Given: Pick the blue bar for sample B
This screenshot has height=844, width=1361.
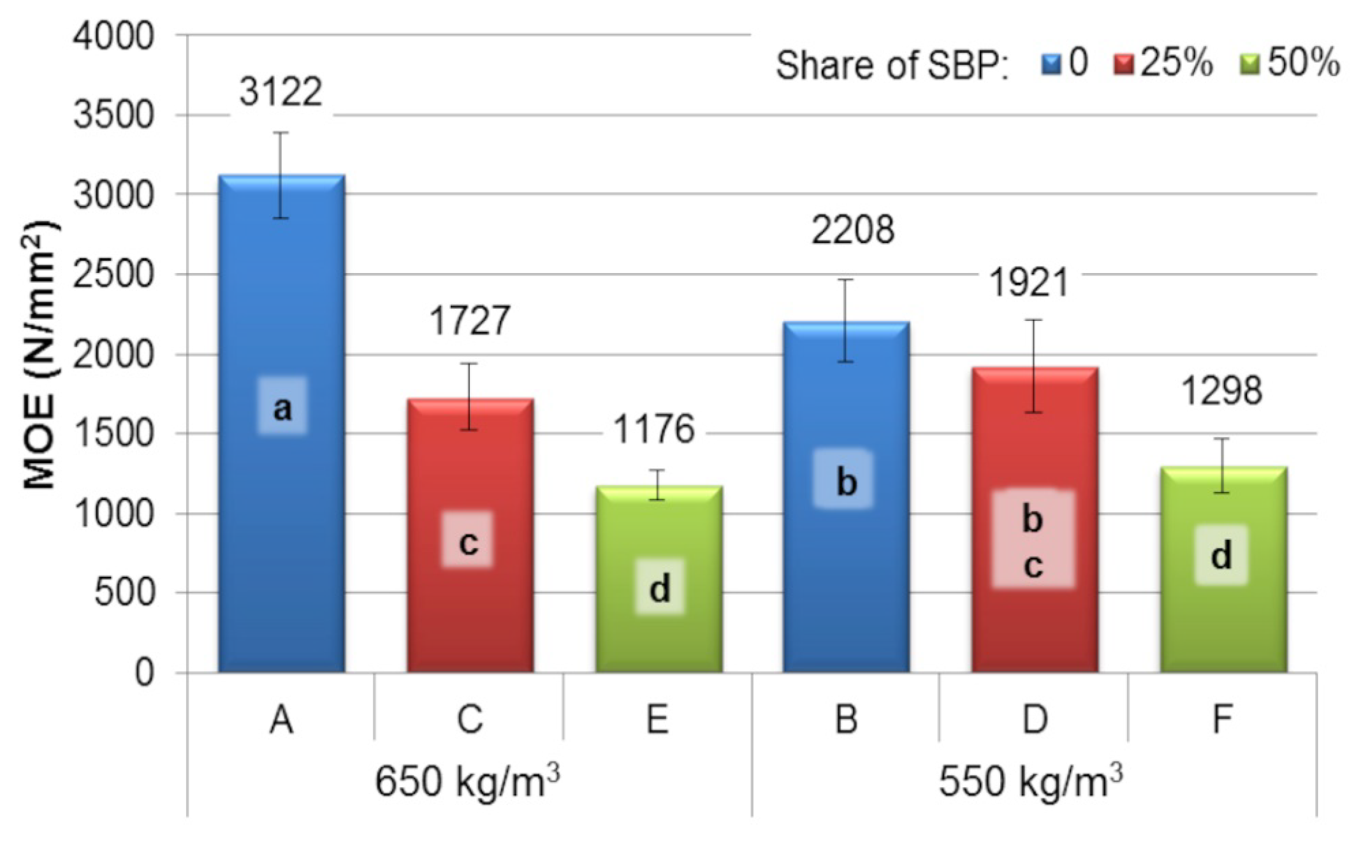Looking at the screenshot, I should coord(846,574).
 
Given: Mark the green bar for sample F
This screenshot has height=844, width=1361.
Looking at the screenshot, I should coord(1223,625).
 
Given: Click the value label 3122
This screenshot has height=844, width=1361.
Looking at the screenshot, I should coord(280,93).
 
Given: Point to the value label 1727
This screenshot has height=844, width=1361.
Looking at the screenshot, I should coord(470,320).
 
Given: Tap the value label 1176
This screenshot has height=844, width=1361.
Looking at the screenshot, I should coord(653,429).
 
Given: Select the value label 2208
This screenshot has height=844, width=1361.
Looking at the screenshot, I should coord(852,230).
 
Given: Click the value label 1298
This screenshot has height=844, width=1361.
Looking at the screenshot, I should coord(1221,391).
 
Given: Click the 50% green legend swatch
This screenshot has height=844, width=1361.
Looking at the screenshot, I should coord(1250,64).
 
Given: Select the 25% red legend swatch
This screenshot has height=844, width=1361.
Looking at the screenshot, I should coord(1124,64).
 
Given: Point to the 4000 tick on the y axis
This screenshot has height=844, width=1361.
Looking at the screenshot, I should coord(113,36).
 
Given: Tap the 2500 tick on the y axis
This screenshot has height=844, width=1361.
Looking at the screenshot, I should coord(113,275).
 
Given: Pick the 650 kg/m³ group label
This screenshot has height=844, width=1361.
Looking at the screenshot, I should coord(467,781).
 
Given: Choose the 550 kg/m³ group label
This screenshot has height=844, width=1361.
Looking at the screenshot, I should coord(1031,781).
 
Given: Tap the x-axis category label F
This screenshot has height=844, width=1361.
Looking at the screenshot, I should coord(1221,720).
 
